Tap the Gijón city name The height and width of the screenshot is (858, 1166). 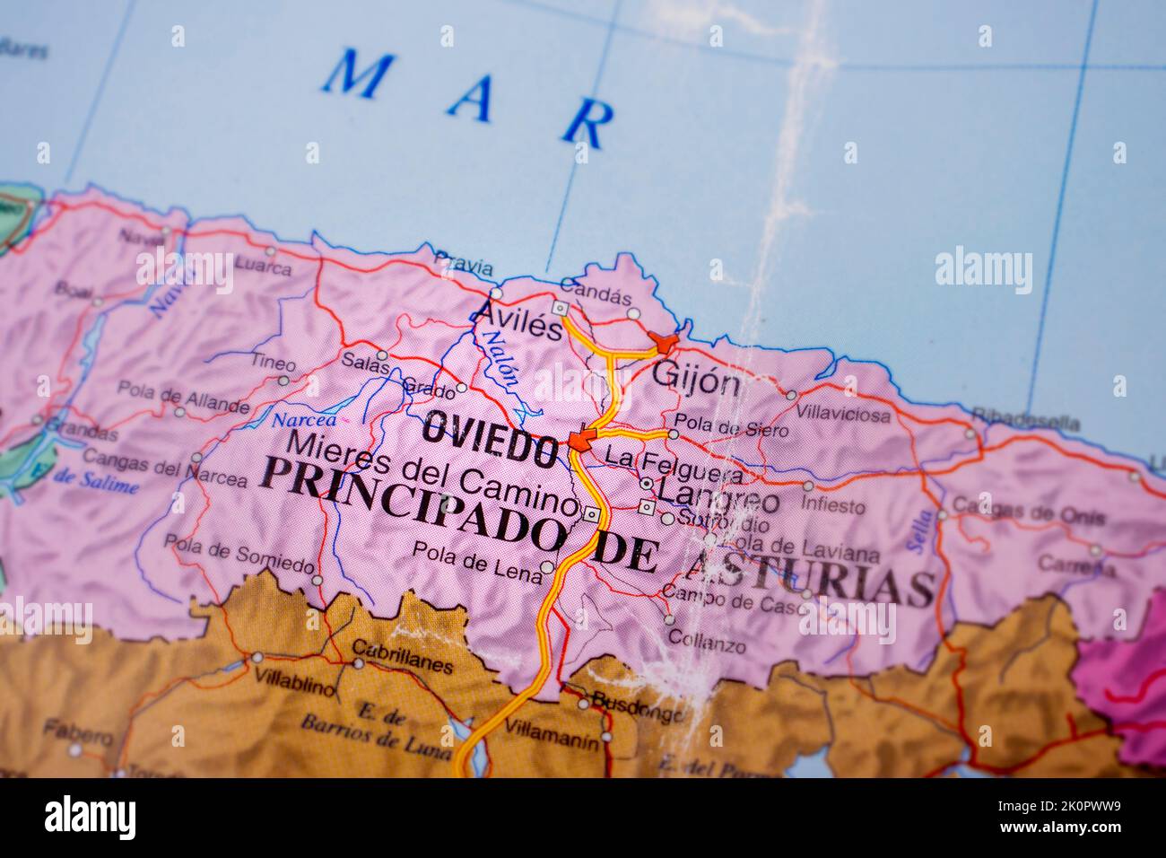[x=697, y=379]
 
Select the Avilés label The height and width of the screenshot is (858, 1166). [x=518, y=321]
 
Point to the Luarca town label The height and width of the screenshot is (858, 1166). [x=262, y=267]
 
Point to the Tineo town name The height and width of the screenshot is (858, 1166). [x=273, y=363]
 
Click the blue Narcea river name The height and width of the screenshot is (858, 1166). [x=304, y=420]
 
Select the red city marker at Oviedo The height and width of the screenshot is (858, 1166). [x=580, y=440]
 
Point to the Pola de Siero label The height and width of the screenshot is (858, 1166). [x=730, y=429]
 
